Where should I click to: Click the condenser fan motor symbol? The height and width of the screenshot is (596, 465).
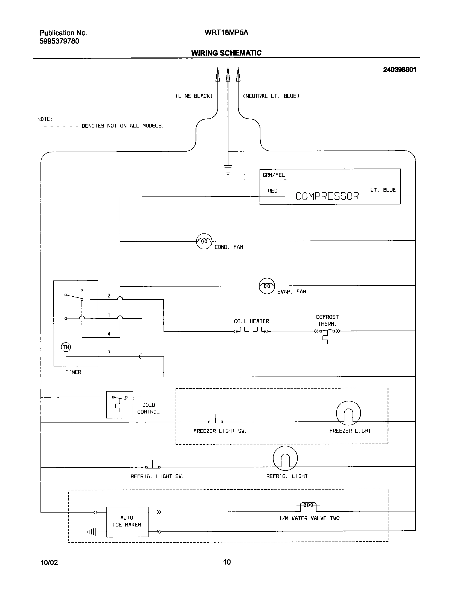pyautogui.click(x=204, y=241)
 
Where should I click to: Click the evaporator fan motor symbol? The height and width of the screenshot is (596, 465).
pyautogui.click(x=267, y=286)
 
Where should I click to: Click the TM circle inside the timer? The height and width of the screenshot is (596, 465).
pyautogui.click(x=66, y=347)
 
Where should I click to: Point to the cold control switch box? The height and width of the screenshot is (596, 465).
pyautogui.click(x=120, y=404)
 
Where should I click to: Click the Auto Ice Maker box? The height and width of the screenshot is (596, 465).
pyautogui.click(x=127, y=522)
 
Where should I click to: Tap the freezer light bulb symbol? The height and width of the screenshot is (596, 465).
pyautogui.click(x=348, y=413)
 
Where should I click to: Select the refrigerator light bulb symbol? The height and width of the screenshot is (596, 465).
pyautogui.click(x=285, y=458)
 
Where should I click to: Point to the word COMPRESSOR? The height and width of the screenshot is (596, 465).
pyautogui.click(x=327, y=196)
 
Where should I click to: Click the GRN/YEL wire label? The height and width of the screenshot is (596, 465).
pyautogui.click(x=274, y=175)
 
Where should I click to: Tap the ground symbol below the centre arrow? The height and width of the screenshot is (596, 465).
pyautogui.click(x=228, y=170)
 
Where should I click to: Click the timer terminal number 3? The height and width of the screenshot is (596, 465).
pyautogui.click(x=109, y=353)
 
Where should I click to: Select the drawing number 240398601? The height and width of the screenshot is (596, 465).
pyautogui.click(x=399, y=70)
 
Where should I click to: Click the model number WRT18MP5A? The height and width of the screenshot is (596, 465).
pyautogui.click(x=226, y=33)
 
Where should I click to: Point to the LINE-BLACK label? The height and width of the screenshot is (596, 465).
pyautogui.click(x=194, y=96)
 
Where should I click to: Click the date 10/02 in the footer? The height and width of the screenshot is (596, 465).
pyautogui.click(x=49, y=563)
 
